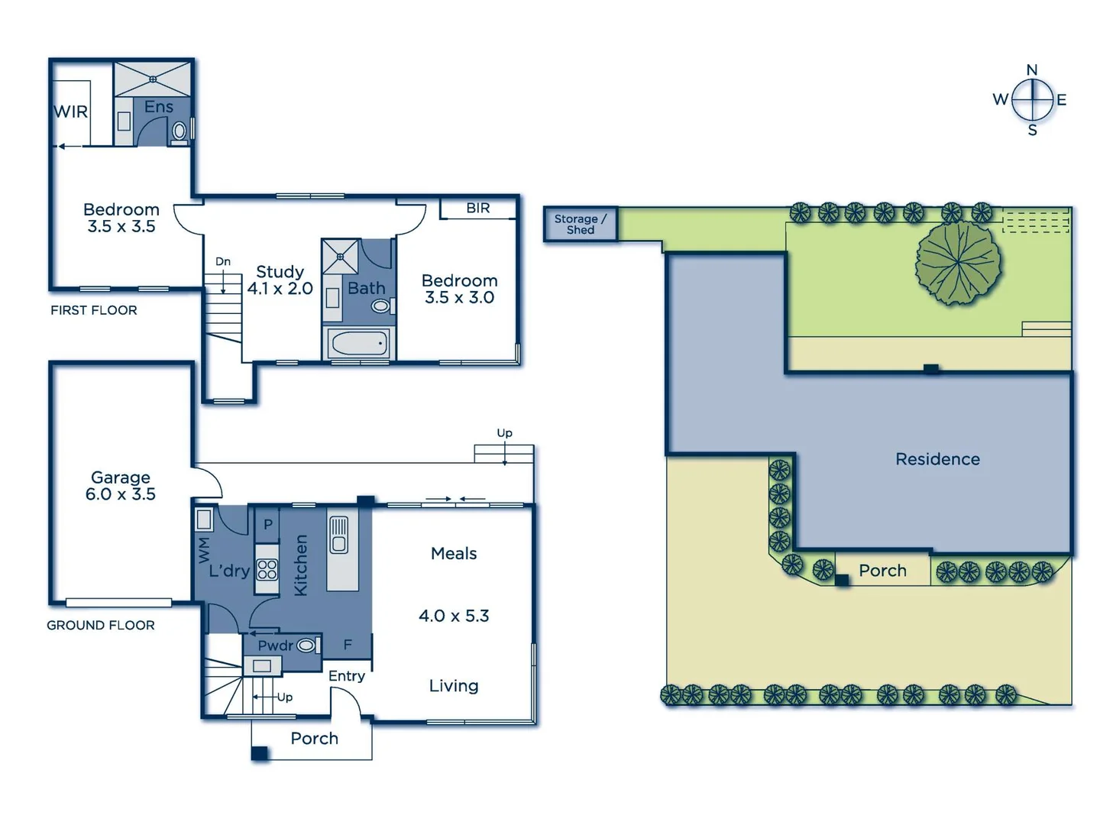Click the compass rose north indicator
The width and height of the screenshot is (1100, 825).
tap(1032, 70)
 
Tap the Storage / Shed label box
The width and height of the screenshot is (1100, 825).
tap(580, 225)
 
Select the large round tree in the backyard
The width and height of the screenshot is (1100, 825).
tap(957, 262)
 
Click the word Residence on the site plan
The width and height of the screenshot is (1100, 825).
tap(937, 459)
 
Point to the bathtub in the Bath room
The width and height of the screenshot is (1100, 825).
tap(359, 344)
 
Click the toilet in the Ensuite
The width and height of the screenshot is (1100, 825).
tap(180, 131)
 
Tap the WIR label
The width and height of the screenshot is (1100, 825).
tap(70, 112)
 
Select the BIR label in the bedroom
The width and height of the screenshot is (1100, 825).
tap(478, 208)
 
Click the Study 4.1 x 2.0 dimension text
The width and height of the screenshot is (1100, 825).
tap(280, 289)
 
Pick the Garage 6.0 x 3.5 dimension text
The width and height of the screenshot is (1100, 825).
tap(121, 494)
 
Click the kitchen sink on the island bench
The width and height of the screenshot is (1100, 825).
tap(339, 534)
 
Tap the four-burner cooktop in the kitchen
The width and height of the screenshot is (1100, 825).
tap(267, 569)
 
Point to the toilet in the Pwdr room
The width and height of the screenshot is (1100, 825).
tap(306, 645)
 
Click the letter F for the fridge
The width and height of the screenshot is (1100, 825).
tap(348, 645)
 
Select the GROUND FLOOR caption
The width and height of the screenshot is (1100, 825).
tap(101, 625)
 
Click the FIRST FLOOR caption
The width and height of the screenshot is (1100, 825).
tap(94, 310)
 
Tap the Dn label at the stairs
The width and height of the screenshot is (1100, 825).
tap(222, 261)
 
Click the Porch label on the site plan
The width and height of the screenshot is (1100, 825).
tap(882, 571)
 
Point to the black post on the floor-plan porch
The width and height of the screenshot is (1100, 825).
tap(260, 753)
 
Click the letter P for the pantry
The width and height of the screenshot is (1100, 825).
tap(267, 525)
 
